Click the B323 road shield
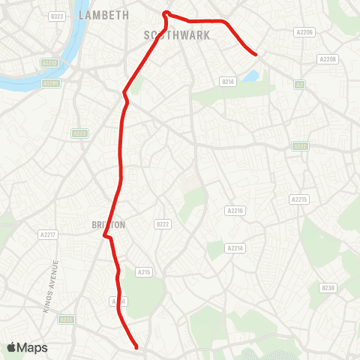click(56, 16)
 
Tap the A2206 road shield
click(304, 32)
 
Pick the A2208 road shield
click(328, 58)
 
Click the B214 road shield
click(228, 81)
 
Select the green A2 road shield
click(299, 85)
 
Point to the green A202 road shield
click(300, 147)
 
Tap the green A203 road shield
click(79, 133)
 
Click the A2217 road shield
click(47, 235)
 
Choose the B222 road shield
click(163, 223)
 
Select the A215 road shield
click(145, 272)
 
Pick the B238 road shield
click(328, 288)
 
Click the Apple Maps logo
click(28, 347)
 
